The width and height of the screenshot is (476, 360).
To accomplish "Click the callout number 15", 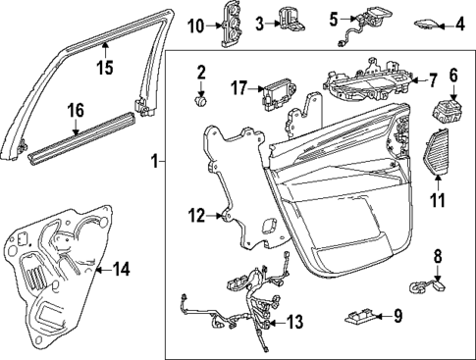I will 104,68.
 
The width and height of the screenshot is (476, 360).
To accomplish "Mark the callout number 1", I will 152,160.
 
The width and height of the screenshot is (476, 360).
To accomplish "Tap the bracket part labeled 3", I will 291,19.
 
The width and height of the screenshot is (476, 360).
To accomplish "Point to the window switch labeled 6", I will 453,109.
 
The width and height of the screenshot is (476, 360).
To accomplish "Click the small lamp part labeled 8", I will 425,285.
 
